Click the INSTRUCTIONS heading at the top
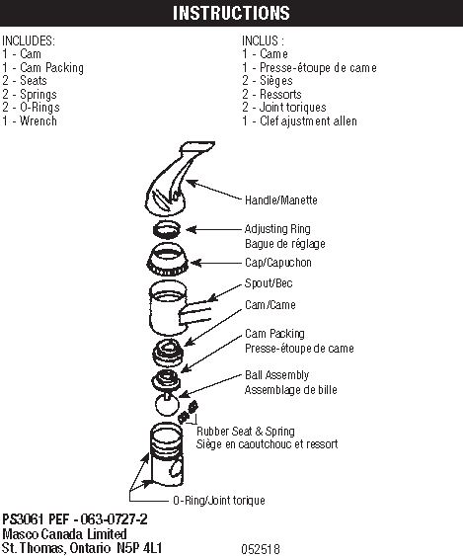pyautogui.click(x=231, y=13)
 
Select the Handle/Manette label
pyautogui.click(x=281, y=199)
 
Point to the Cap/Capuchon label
pyautogui.click(x=278, y=263)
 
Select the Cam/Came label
pyautogui.click(x=270, y=305)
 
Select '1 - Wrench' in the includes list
pyautogui.click(x=30, y=121)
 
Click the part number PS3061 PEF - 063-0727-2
pyautogui.click(x=75, y=518)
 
